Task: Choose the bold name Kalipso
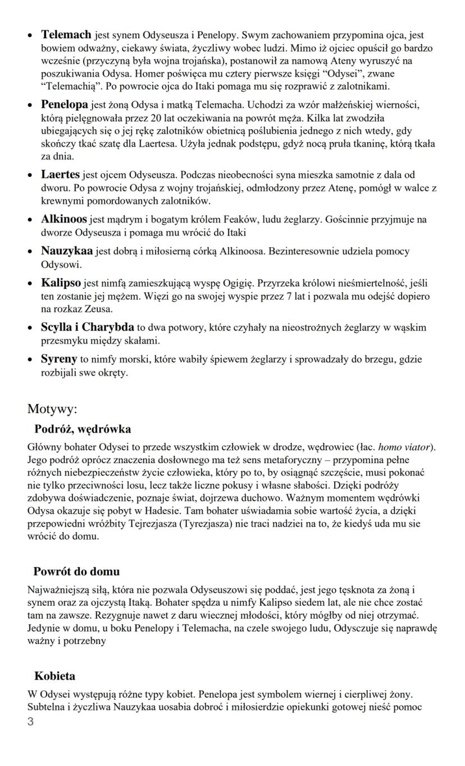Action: pos(61,281)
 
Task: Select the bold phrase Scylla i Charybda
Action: pos(87,327)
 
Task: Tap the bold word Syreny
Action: pos(58,359)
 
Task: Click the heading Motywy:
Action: pos(52,409)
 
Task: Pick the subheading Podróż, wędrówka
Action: pos(83,429)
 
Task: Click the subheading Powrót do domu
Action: pos(76,572)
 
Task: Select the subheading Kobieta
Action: pos(54,676)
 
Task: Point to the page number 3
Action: pos(30,721)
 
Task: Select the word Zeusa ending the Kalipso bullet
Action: pos(99,309)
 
